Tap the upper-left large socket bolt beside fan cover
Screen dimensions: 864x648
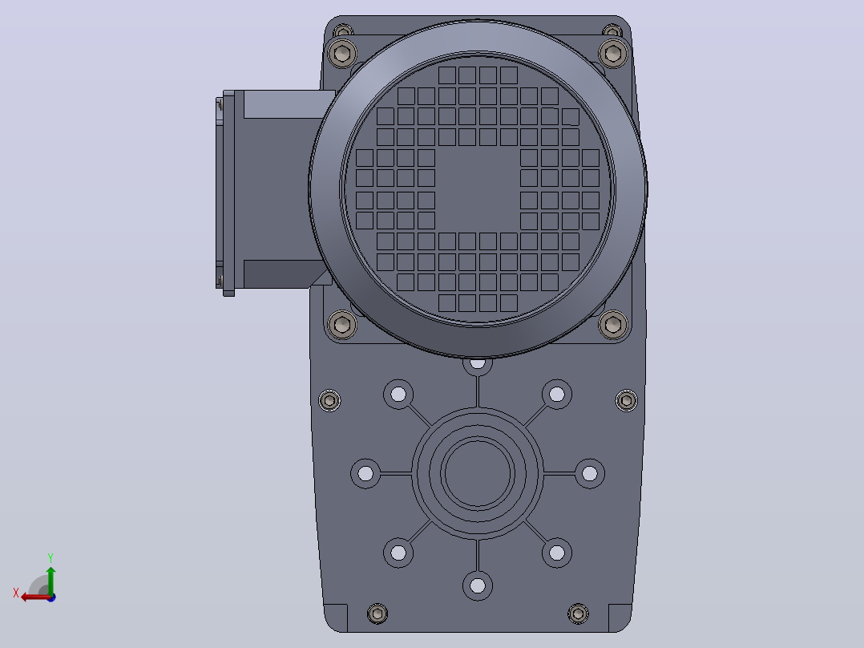342,54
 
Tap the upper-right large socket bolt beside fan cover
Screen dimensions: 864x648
612,54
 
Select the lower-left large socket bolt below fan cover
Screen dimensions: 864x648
342,325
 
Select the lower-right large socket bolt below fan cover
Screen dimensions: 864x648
612,325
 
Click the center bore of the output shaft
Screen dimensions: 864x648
478,473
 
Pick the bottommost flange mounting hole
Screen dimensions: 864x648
478,585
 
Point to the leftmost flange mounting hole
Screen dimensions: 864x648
365,473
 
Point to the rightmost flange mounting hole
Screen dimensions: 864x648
590,473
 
